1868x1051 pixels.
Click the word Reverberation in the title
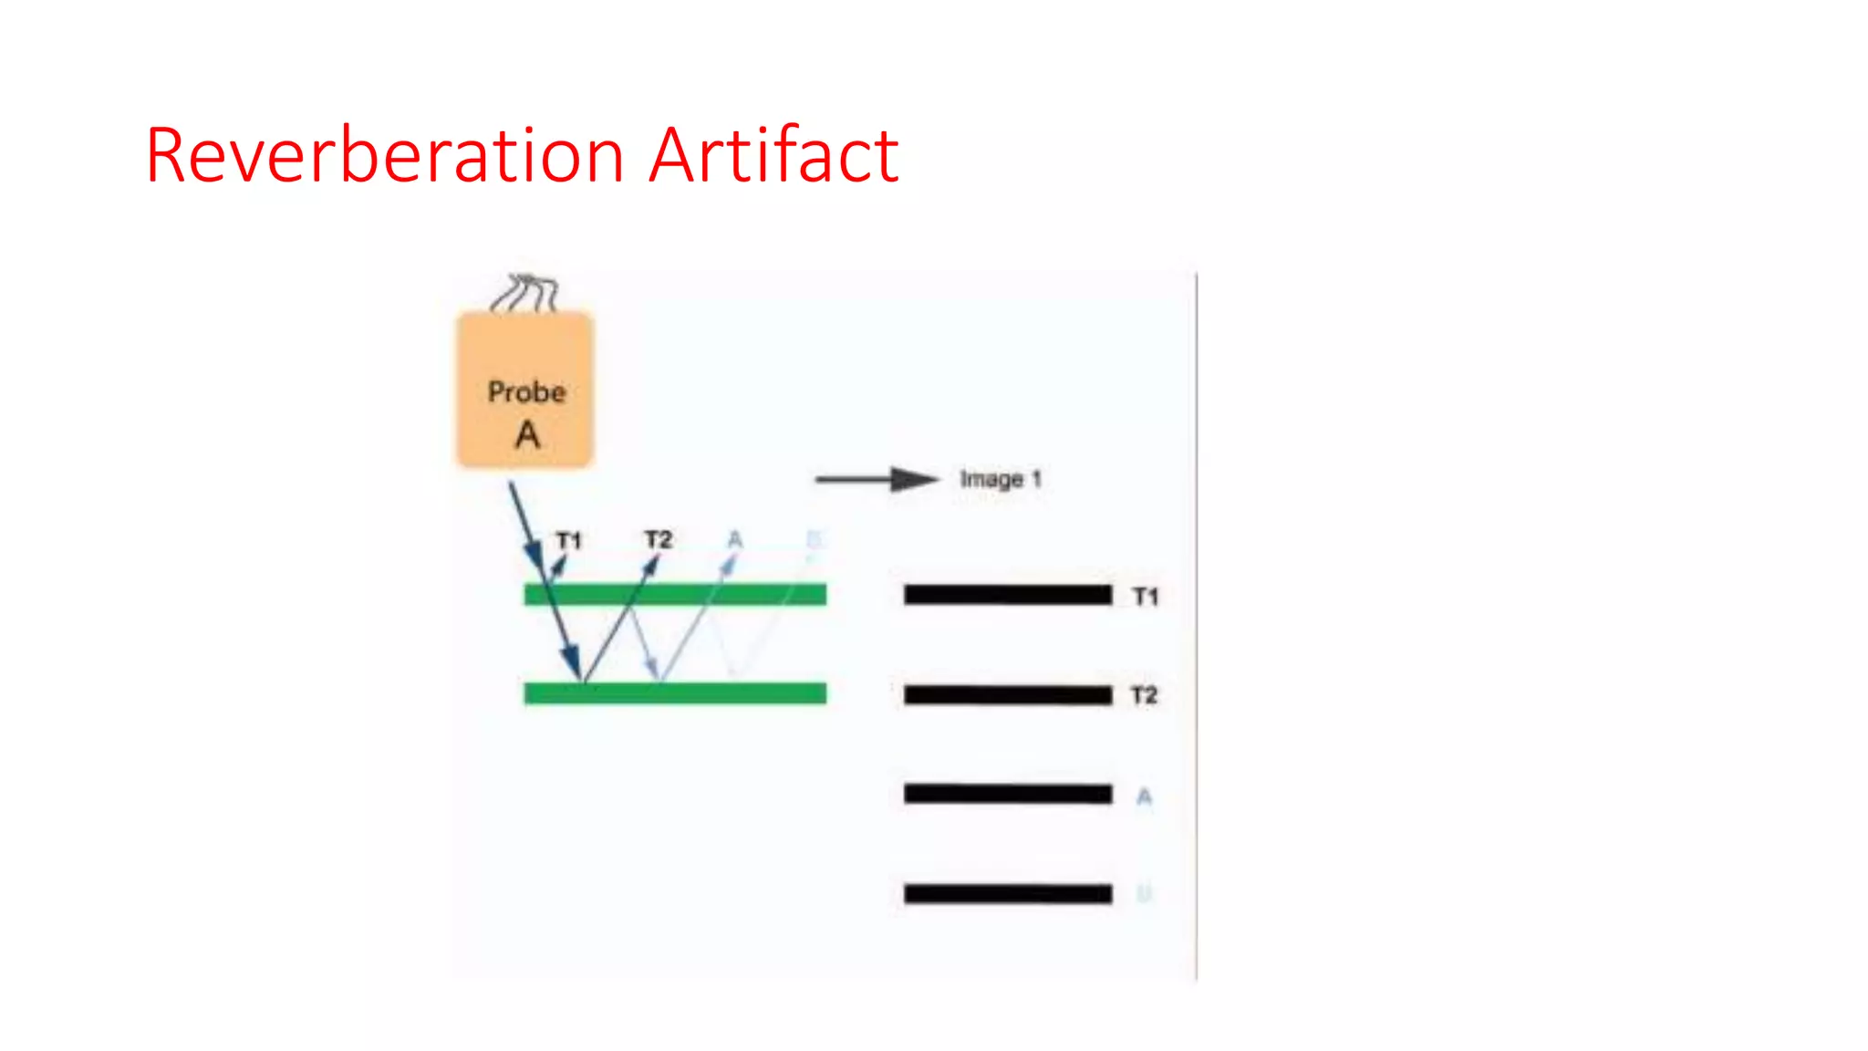(384, 156)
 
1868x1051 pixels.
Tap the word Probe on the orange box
(526, 392)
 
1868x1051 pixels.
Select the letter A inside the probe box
(527, 435)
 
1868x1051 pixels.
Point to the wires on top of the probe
(524, 293)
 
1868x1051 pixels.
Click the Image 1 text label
(1000, 479)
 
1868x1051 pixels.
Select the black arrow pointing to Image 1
(876, 479)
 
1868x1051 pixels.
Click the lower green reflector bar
(675, 693)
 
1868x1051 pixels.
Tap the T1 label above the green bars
(569, 541)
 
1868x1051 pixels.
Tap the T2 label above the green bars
(658, 539)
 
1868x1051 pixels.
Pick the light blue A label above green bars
(735, 540)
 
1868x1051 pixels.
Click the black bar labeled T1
(1008, 595)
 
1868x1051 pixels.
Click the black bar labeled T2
(1008, 695)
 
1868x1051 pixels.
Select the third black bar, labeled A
(1008, 794)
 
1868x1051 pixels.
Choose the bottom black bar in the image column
(1008, 893)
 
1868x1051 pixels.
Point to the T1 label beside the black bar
(1146, 597)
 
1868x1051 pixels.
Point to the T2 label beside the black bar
(1144, 696)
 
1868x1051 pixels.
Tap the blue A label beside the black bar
(1144, 797)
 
